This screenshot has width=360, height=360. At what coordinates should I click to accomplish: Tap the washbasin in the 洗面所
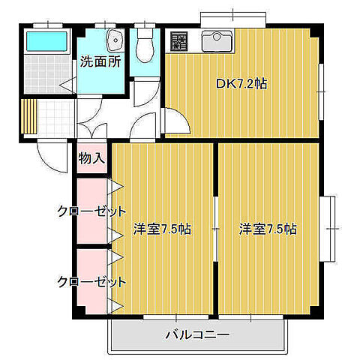(115, 40)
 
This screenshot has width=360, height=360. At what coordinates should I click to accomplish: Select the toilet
(145, 46)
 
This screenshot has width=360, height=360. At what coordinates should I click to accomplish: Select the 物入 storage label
(92, 159)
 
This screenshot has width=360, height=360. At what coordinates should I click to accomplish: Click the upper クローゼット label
(91, 211)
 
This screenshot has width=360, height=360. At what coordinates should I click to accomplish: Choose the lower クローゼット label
(91, 282)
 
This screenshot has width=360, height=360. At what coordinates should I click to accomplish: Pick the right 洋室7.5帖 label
(268, 229)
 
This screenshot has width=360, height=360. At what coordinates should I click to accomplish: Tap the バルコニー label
(196, 334)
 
